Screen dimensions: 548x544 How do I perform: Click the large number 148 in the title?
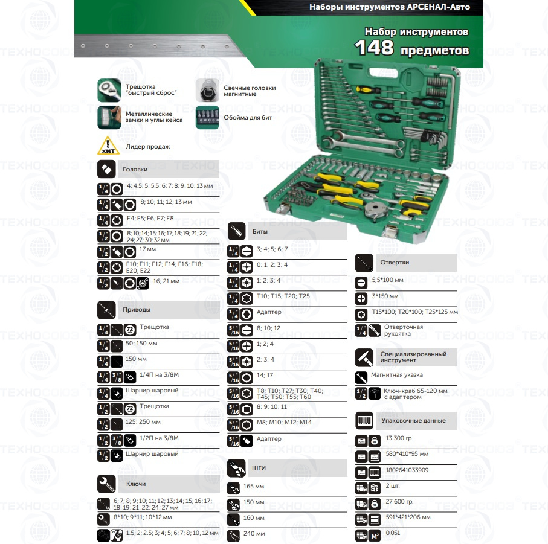[x=374, y=48]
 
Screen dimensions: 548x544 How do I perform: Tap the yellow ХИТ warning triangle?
[x=108, y=146]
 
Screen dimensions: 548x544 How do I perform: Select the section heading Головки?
[x=135, y=169]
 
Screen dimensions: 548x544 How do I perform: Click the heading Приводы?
[x=137, y=309]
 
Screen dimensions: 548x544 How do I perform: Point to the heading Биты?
[x=260, y=231]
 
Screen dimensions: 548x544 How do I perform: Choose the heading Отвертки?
[x=395, y=262]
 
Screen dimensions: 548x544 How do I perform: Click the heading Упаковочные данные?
[x=413, y=420]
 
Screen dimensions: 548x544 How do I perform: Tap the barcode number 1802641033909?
[x=407, y=470]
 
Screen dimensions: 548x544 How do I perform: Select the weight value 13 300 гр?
[x=399, y=438]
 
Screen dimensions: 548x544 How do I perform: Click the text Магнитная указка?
[x=397, y=375]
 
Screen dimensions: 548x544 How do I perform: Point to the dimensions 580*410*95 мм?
[x=407, y=454]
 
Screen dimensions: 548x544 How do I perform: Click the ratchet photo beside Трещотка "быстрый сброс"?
[x=109, y=90]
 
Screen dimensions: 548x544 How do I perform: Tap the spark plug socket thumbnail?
[x=207, y=90]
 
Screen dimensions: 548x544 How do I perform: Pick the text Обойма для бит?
[x=248, y=118]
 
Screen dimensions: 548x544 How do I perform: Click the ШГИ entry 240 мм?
[x=254, y=534]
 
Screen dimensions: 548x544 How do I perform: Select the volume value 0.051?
[x=393, y=533]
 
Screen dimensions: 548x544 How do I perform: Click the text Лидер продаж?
[x=148, y=147]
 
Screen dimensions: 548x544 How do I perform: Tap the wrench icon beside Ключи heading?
[x=106, y=484]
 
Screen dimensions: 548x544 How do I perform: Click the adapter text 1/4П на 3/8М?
[x=159, y=375]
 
